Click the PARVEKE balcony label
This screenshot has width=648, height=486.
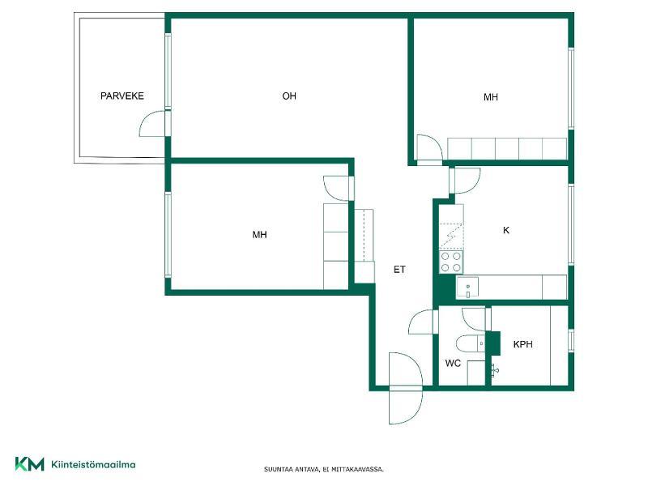pyautogui.click(x=122, y=96)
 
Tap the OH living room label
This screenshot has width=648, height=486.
pyautogui.click(x=289, y=96)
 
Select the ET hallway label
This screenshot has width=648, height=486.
pyautogui.click(x=399, y=270)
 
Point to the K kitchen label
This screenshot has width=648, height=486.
pyautogui.click(x=506, y=230)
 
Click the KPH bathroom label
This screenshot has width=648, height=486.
pyautogui.click(x=522, y=344)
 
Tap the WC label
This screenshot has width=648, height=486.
pyautogui.click(x=453, y=364)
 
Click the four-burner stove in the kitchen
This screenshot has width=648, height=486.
pyautogui.click(x=451, y=262)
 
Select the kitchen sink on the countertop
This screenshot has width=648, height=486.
pyautogui.click(x=467, y=288)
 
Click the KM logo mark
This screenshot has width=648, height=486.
pyautogui.click(x=29, y=464)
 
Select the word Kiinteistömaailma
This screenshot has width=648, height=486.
pyautogui.click(x=93, y=464)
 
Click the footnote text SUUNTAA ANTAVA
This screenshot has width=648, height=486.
pyautogui.click(x=292, y=470)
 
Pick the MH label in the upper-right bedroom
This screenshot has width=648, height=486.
pyautogui.click(x=491, y=97)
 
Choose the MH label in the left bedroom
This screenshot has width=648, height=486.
pyautogui.click(x=259, y=235)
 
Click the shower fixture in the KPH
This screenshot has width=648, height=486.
pyautogui.click(x=494, y=370)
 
